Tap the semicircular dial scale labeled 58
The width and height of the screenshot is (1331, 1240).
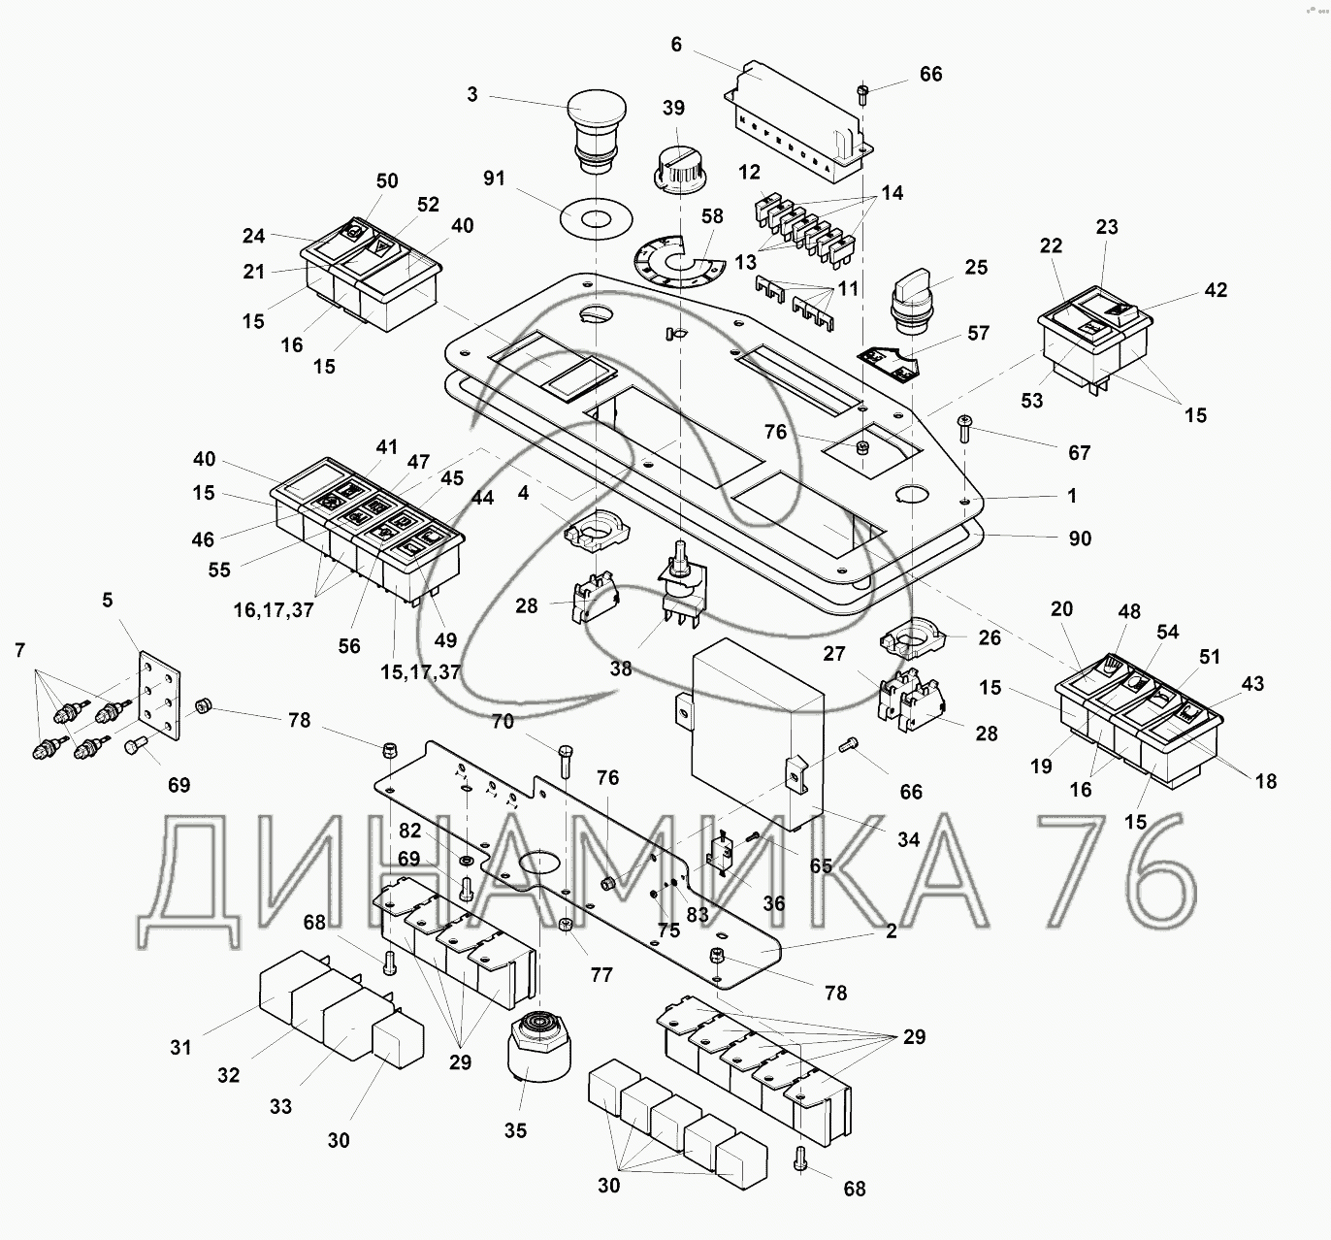677,262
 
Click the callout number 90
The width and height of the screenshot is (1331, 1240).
1079,538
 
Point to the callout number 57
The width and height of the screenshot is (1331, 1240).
979,333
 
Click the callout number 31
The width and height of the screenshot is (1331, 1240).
180,1047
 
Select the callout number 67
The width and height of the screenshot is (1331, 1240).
1079,452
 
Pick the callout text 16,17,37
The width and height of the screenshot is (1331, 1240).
274,611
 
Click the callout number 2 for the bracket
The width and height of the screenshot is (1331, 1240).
892,930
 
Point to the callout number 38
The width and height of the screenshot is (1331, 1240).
621,668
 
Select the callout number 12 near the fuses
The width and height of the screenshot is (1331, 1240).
749,172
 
